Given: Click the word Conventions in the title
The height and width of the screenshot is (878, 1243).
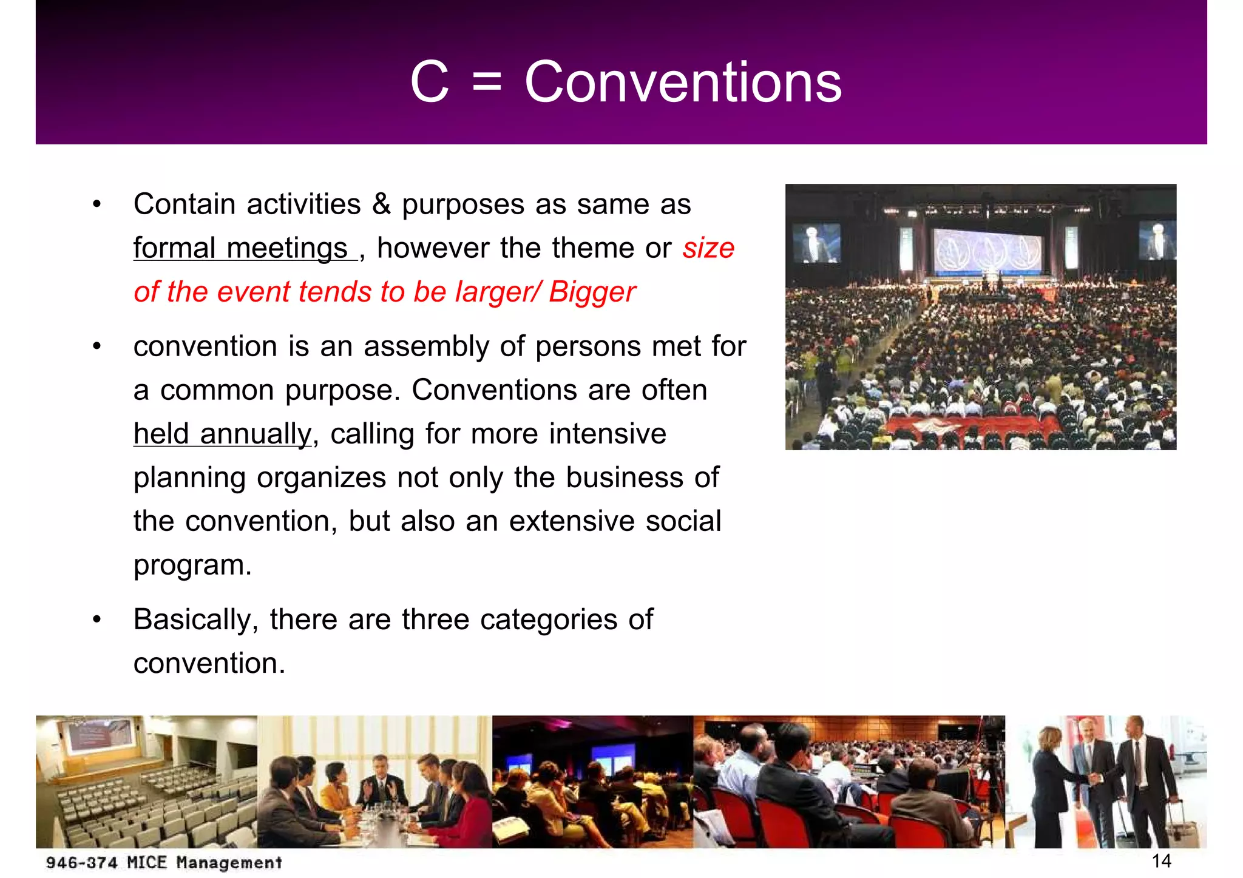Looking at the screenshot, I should (683, 83).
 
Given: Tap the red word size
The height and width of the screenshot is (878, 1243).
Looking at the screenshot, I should (708, 248).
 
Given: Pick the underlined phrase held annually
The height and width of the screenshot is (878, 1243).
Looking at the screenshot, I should (222, 434).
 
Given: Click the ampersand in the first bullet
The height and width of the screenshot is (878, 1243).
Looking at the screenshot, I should (381, 204).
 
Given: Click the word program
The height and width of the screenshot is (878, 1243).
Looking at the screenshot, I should (192, 565).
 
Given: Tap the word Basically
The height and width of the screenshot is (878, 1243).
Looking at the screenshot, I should (195, 620).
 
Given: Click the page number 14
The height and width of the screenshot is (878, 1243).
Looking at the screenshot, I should (1161, 861).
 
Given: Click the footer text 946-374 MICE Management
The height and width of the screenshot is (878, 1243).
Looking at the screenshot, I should (164, 863).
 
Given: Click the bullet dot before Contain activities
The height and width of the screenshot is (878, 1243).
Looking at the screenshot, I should (97, 204).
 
